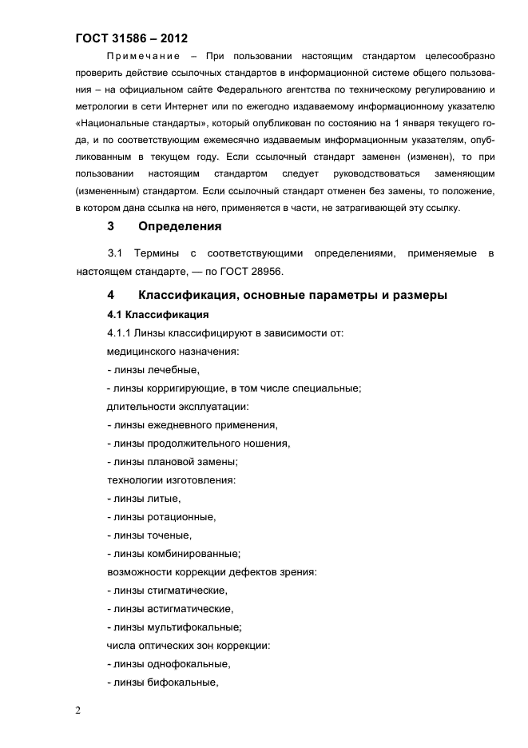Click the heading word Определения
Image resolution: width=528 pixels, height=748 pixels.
(179, 226)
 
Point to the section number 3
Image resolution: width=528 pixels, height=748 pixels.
(111, 226)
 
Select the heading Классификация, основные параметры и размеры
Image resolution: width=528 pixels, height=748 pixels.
(292, 295)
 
